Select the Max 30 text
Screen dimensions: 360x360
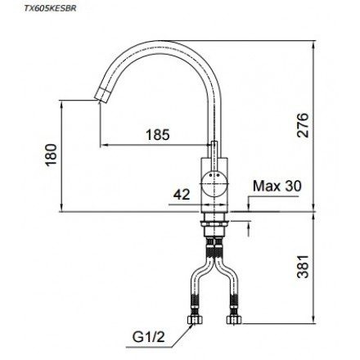277,187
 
